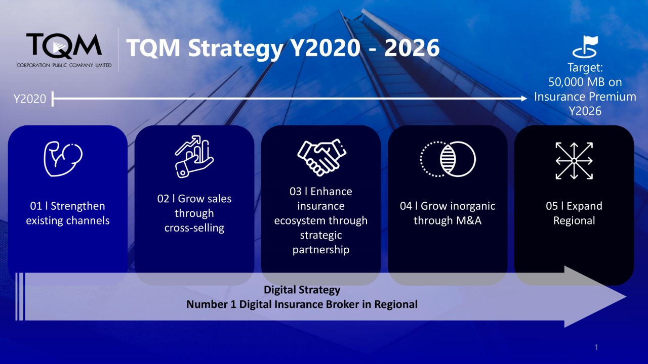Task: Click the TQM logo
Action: point(64,50)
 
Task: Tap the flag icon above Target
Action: point(585,47)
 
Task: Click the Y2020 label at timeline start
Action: point(30,99)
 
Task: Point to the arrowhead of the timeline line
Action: point(524,99)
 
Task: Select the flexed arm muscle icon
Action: point(63,159)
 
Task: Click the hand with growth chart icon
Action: point(194,156)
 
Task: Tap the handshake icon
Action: point(321,158)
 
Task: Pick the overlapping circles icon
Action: point(448,159)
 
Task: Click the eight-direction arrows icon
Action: point(574,161)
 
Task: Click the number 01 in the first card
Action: point(36,206)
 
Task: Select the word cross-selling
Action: point(194,228)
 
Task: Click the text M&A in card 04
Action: point(469,220)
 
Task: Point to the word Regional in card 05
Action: point(574,221)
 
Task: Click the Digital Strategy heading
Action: point(302,290)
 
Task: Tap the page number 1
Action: point(596,347)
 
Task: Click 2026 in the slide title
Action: point(412,48)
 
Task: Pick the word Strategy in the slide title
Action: point(236,49)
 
